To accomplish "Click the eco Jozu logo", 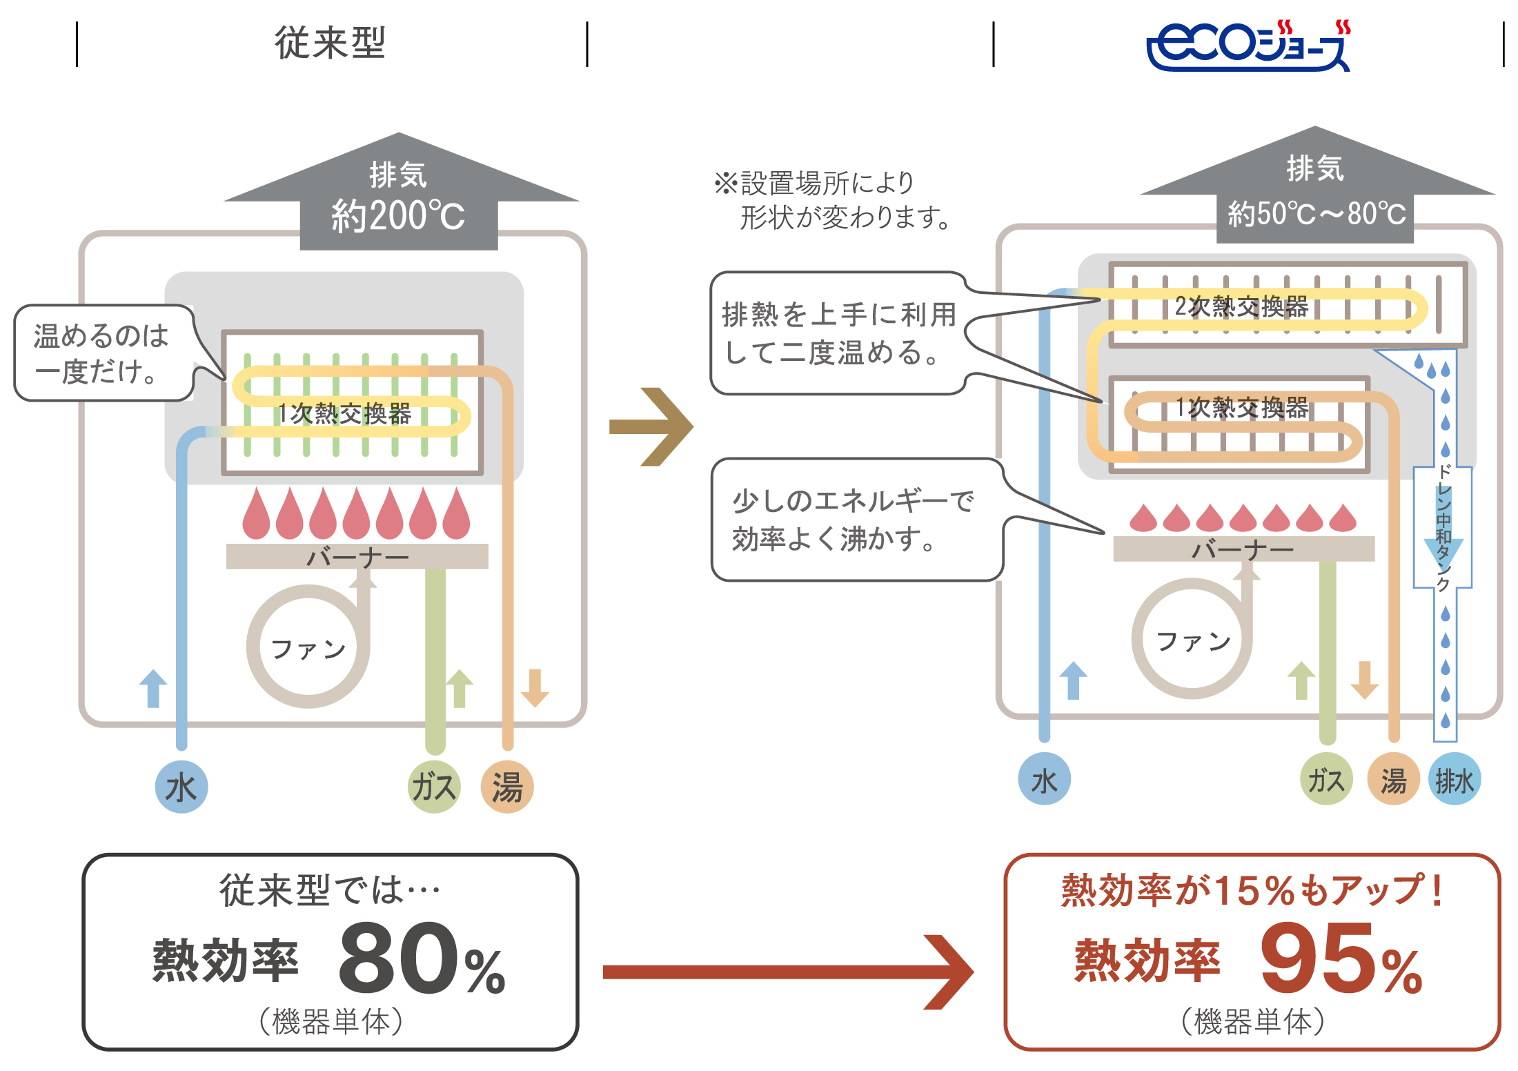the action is pyautogui.click(x=1248, y=46).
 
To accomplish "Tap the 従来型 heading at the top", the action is pyautogui.click(x=330, y=43).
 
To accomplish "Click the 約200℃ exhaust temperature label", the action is pyautogui.click(x=398, y=216).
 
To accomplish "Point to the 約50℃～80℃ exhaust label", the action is pyautogui.click(x=1316, y=213).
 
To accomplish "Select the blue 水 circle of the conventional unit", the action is pyautogui.click(x=181, y=787).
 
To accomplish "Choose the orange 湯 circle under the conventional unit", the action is pyautogui.click(x=507, y=787).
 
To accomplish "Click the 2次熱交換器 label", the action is pyautogui.click(x=1241, y=306).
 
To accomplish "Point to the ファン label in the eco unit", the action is pyautogui.click(x=1193, y=641).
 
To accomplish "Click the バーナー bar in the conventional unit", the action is pyautogui.click(x=357, y=556).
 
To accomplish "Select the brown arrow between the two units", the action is pyautogui.click(x=651, y=427).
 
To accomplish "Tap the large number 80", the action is pyautogui.click(x=398, y=956).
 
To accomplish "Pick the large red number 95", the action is pyautogui.click(x=1319, y=958).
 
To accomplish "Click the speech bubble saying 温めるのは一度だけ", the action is pyautogui.click(x=103, y=353).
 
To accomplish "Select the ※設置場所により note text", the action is pyautogui.click(x=831, y=200).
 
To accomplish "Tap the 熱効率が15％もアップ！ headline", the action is pyautogui.click(x=1252, y=890).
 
